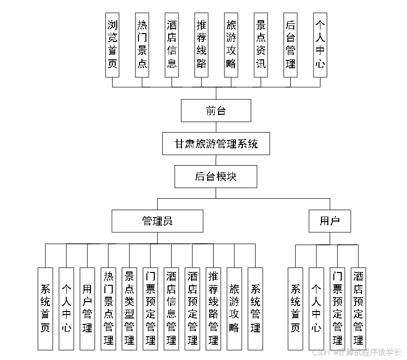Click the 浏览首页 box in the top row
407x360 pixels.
click(112, 45)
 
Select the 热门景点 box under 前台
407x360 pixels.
click(142, 45)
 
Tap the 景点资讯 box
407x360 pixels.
click(261, 45)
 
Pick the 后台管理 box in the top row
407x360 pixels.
click(290, 45)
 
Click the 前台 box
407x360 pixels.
click(216, 110)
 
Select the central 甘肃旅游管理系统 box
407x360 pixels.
click(216, 143)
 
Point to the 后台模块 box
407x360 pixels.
click(216, 176)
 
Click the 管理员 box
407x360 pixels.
click(157, 221)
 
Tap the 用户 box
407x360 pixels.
click(329, 221)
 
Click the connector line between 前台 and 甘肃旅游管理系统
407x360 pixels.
click(216, 127)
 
